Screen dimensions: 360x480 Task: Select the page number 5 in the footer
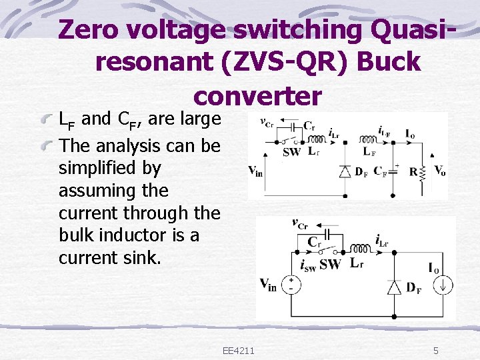coord(435,351)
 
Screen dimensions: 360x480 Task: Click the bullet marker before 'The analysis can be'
coord(48,145)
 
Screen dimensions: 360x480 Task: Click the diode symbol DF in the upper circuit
coord(344,171)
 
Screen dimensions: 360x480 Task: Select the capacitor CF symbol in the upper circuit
coord(393,171)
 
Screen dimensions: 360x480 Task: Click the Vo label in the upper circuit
coord(439,171)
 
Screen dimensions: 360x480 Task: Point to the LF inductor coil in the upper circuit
coord(369,140)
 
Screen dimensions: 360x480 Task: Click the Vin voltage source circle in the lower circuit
coord(291,285)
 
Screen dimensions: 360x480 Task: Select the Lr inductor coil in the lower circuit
coord(360,249)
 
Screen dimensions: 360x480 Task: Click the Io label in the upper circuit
coord(412,133)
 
